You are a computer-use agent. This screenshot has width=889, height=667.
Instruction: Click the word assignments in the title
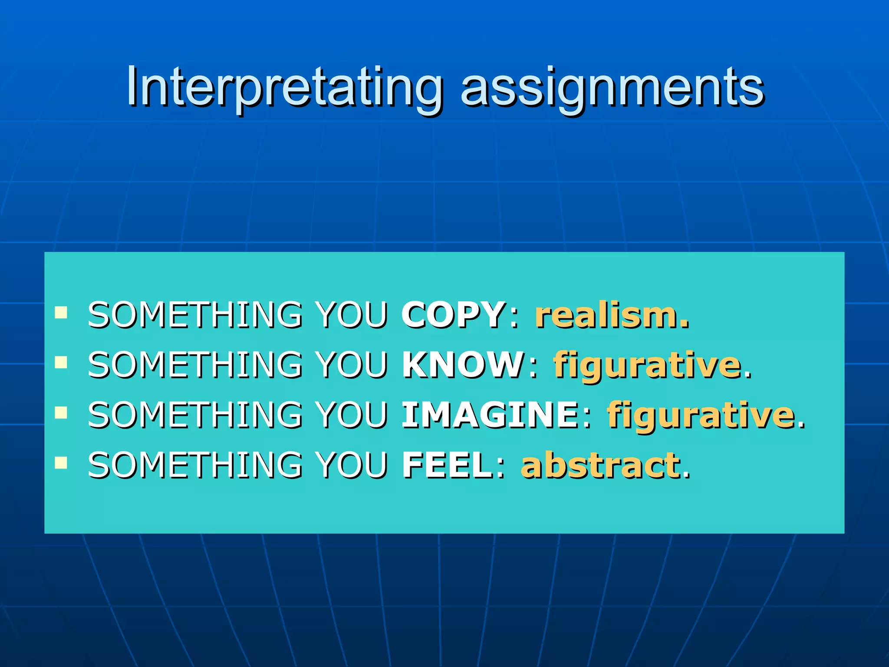pyautogui.click(x=612, y=89)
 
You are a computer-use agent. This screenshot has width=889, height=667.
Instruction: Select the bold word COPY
pyautogui.click(x=452, y=314)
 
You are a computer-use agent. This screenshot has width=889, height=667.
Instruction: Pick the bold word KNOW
pyautogui.click(x=463, y=364)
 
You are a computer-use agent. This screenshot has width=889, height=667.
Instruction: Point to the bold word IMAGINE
pyautogui.click(x=490, y=415)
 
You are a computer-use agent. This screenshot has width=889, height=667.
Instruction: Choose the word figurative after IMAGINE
pyautogui.click(x=701, y=416)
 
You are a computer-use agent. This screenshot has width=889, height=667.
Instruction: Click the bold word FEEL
pyautogui.click(x=447, y=465)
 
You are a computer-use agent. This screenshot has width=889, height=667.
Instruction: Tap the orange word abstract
pyautogui.click(x=601, y=465)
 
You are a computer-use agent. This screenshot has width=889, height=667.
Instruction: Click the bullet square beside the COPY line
pyautogui.click(x=61, y=312)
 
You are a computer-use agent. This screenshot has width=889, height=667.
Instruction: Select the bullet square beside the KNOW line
pyautogui.click(x=61, y=362)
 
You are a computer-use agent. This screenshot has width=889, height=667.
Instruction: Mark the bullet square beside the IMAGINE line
pyautogui.click(x=61, y=413)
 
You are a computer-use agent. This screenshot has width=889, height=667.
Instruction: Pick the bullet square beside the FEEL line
pyautogui.click(x=61, y=463)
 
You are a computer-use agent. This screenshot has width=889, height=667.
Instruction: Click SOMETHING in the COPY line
pyautogui.click(x=195, y=314)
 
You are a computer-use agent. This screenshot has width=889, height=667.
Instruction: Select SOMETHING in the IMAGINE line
pyautogui.click(x=195, y=415)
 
